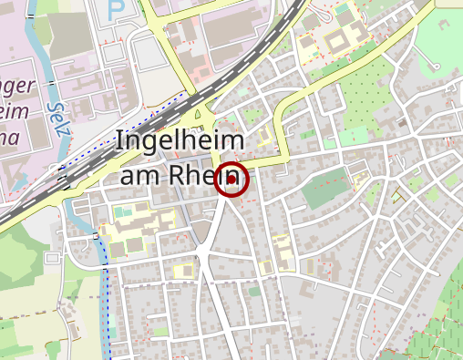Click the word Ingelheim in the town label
[x=180, y=143]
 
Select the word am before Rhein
[x=140, y=175]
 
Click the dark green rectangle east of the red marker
[x=325, y=188]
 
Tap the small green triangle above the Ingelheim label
[x=198, y=115]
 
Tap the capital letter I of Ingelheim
[x=119, y=142]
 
